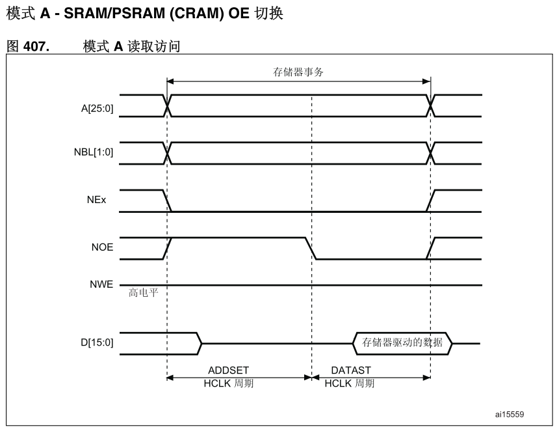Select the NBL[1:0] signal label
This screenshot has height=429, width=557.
coord(94,154)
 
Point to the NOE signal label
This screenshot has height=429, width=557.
coord(102,247)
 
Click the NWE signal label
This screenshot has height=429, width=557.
coord(101,284)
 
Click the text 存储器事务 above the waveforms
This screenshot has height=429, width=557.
coord(298,72)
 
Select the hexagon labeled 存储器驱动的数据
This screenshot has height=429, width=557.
coord(402,342)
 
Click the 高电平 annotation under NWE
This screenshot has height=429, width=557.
coord(142,294)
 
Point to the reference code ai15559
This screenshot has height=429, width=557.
coord(510,414)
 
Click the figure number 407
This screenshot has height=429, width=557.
coord(36,46)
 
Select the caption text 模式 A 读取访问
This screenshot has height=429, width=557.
coord(131,46)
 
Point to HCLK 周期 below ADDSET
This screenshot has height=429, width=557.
coord(229,383)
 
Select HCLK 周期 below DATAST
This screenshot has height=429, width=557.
coord(350,383)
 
